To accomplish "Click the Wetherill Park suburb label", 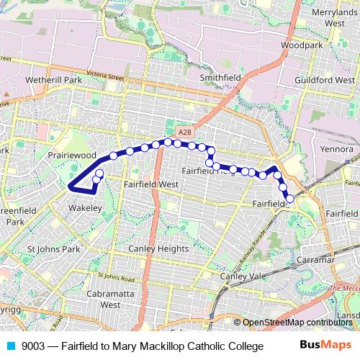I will pyautogui.click(x=55, y=79).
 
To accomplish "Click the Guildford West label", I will pyautogui.click(x=329, y=81).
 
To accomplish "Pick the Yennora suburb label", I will pyautogui.click(x=338, y=149).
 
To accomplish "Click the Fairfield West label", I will pyautogui.click(x=150, y=184).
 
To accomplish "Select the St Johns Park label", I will pyautogui.click(x=53, y=249).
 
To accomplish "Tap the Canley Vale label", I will pyautogui.click(x=243, y=276).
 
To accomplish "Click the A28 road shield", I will pyautogui.click(x=185, y=132).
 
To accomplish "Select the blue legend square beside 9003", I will pyautogui.click(x=11, y=346).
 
